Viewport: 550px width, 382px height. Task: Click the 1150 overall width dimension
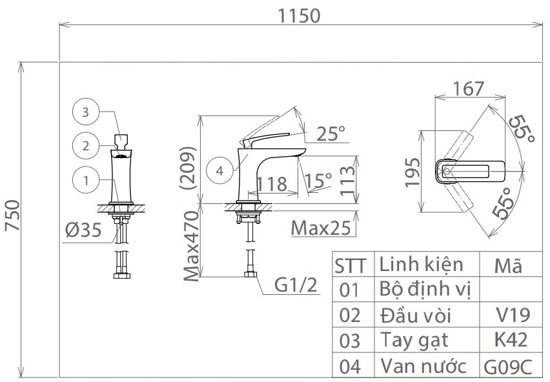[298, 15]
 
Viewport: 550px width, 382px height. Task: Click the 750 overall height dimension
[12, 219]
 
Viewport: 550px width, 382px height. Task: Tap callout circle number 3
[85, 112]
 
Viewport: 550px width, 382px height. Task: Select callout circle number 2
[85, 145]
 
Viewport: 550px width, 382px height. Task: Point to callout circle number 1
[85, 180]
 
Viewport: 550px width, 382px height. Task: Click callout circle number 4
[219, 171]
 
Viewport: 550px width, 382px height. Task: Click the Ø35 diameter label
[84, 230]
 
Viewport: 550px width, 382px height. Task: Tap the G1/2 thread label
[295, 285]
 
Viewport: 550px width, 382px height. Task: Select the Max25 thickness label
[320, 228]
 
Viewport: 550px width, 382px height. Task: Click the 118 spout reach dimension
[272, 183]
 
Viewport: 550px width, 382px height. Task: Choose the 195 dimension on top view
[413, 171]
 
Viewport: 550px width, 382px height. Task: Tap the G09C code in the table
[509, 367]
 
